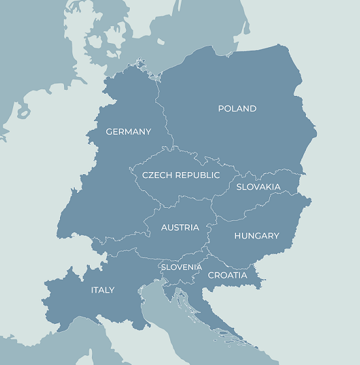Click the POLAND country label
click(x=237, y=109)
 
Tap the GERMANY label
click(x=128, y=132)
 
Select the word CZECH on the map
click(x=157, y=175)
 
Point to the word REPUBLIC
click(x=197, y=175)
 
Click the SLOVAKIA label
click(x=258, y=187)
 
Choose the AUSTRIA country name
click(x=180, y=227)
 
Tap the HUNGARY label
click(x=256, y=236)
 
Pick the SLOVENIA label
click(x=181, y=267)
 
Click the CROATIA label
click(x=228, y=275)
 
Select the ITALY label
click(x=102, y=290)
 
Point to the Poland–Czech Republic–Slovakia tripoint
click(x=239, y=175)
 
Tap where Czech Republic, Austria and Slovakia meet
click(x=211, y=203)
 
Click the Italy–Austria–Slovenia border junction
click(x=160, y=260)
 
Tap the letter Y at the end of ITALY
click(x=112, y=290)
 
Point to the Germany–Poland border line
click(x=158, y=104)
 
